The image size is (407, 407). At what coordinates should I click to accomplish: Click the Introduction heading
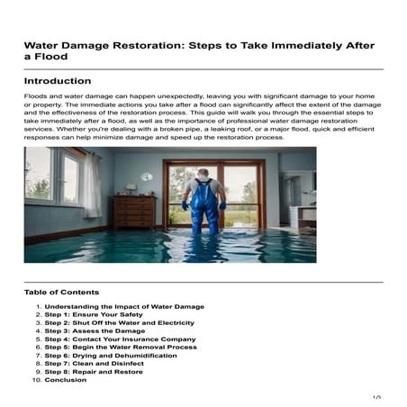(x=58, y=81)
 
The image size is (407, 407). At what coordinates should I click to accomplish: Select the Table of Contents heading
(x=61, y=292)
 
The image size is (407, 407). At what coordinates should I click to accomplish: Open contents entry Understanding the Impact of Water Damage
(x=123, y=307)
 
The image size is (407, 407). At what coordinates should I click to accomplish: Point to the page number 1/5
(x=376, y=396)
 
